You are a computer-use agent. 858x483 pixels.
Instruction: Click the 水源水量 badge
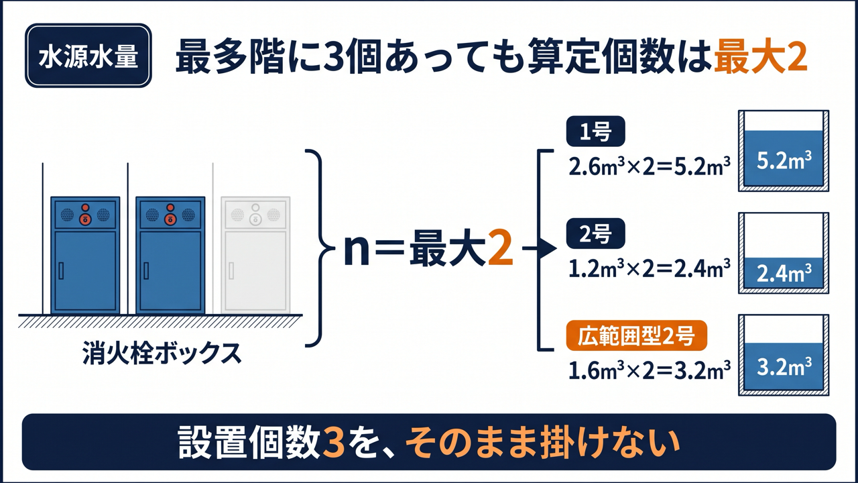click(x=88, y=56)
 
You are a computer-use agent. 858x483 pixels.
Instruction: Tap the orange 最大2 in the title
click(x=761, y=58)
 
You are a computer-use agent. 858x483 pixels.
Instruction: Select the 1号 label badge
click(x=596, y=131)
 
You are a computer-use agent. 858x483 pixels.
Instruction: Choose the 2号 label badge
click(x=596, y=233)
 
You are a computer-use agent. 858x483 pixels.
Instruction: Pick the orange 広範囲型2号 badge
click(x=637, y=335)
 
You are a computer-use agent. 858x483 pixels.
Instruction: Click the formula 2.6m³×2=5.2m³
click(x=650, y=167)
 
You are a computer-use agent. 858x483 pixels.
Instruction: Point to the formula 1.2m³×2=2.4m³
click(x=650, y=269)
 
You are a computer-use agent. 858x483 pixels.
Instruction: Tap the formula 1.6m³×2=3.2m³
click(x=650, y=371)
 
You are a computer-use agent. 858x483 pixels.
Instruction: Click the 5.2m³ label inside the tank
click(x=784, y=160)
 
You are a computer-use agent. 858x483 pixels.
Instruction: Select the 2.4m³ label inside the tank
click(x=784, y=273)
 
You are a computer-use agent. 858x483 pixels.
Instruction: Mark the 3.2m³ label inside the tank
click(x=784, y=367)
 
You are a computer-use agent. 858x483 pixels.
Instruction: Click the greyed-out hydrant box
click(x=255, y=255)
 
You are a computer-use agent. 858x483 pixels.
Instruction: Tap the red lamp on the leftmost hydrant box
click(x=85, y=207)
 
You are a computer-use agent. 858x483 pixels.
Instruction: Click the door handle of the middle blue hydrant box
click(x=146, y=270)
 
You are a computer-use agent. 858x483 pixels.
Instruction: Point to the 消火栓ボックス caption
click(x=162, y=353)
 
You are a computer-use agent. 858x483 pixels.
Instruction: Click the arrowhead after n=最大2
click(x=548, y=249)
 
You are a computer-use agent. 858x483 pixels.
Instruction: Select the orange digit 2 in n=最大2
click(x=500, y=251)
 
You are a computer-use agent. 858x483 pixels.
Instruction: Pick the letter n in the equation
click(x=357, y=253)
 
